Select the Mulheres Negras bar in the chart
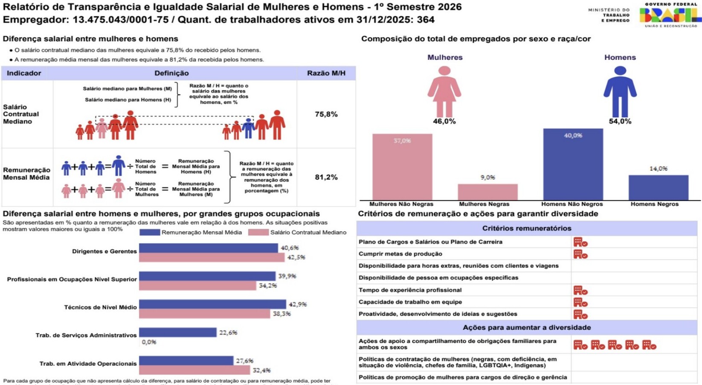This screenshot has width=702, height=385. [x=487, y=192]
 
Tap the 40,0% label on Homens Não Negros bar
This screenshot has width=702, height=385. [x=573, y=135]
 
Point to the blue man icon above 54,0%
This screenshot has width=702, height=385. [x=620, y=91]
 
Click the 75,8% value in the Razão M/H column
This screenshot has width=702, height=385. [x=326, y=114]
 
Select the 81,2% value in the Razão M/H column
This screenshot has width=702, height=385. [x=326, y=177]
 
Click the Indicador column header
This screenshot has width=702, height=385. [x=24, y=73]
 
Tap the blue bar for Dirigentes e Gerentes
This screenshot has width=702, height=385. [x=208, y=248]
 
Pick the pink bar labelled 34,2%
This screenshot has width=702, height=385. [x=197, y=286]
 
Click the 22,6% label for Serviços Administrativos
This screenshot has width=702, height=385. [x=228, y=332]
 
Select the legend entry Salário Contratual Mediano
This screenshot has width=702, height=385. [x=308, y=233]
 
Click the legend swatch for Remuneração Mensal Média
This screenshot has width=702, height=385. [x=150, y=233]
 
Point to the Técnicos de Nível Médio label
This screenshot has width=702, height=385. [x=100, y=307]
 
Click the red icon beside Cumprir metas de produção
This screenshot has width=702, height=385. [x=580, y=254]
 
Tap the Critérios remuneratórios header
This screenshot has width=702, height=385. [x=527, y=228]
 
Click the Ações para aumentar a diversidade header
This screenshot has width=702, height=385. [x=527, y=328]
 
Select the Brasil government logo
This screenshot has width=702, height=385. [x=670, y=15]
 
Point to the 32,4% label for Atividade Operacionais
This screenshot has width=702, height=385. [x=261, y=370]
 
